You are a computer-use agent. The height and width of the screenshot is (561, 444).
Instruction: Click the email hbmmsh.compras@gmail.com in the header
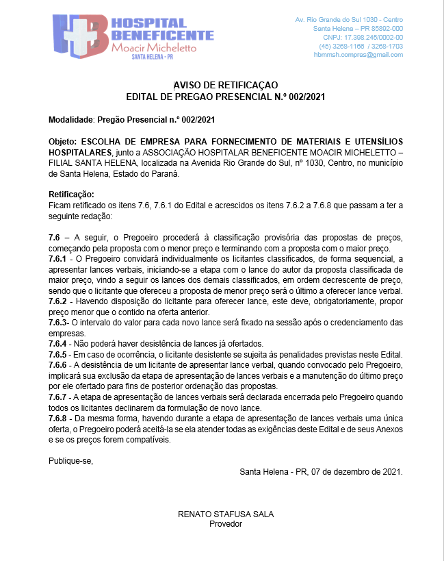358,55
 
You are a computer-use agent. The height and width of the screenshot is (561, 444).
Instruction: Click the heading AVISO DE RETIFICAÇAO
225,84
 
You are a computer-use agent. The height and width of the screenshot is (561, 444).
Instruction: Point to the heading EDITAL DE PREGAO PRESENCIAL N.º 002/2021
225,97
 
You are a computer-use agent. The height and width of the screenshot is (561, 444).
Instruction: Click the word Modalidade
70,120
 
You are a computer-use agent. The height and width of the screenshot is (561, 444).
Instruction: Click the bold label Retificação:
71,195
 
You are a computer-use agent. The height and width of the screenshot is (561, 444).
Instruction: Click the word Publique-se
70,460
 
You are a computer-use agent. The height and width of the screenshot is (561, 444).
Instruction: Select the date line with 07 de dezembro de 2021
322,472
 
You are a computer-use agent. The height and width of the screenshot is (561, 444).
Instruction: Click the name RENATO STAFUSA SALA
225,514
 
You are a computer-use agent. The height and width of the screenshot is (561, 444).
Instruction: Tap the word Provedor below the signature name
225,524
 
